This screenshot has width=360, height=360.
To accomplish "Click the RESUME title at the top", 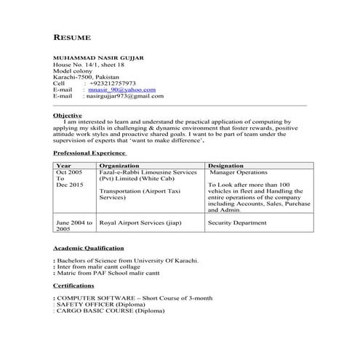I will [x=73, y=36].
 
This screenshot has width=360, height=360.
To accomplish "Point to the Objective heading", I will [x=68, y=116].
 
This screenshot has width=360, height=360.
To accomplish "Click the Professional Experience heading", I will [x=90, y=153].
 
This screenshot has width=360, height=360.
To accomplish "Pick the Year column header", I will [x=63, y=166].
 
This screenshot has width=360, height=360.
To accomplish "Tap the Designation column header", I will [x=231, y=166].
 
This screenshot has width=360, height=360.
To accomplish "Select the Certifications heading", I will [x=73, y=286].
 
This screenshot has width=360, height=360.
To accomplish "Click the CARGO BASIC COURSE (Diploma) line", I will [x=111, y=311].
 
